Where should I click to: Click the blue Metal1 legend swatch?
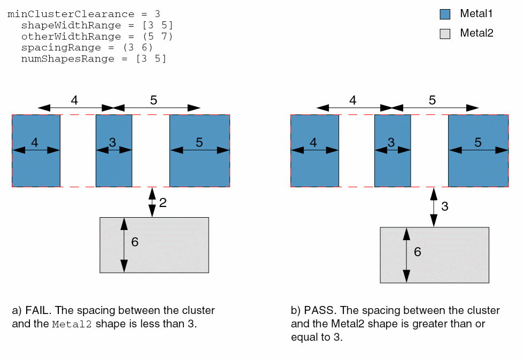445,14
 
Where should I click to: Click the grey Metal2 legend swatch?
445,34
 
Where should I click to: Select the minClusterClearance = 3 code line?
83,14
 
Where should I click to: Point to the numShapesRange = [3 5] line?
94,59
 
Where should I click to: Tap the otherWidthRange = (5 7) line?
97,36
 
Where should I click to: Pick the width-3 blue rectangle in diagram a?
114,166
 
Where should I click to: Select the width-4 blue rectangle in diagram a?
36,168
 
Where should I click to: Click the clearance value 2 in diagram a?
163,203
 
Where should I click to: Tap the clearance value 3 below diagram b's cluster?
444,206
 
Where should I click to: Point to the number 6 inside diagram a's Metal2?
135,242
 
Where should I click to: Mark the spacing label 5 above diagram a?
154,100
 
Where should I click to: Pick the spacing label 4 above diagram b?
353,100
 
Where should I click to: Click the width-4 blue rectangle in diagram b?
314,168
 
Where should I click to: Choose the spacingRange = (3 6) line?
87,48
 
